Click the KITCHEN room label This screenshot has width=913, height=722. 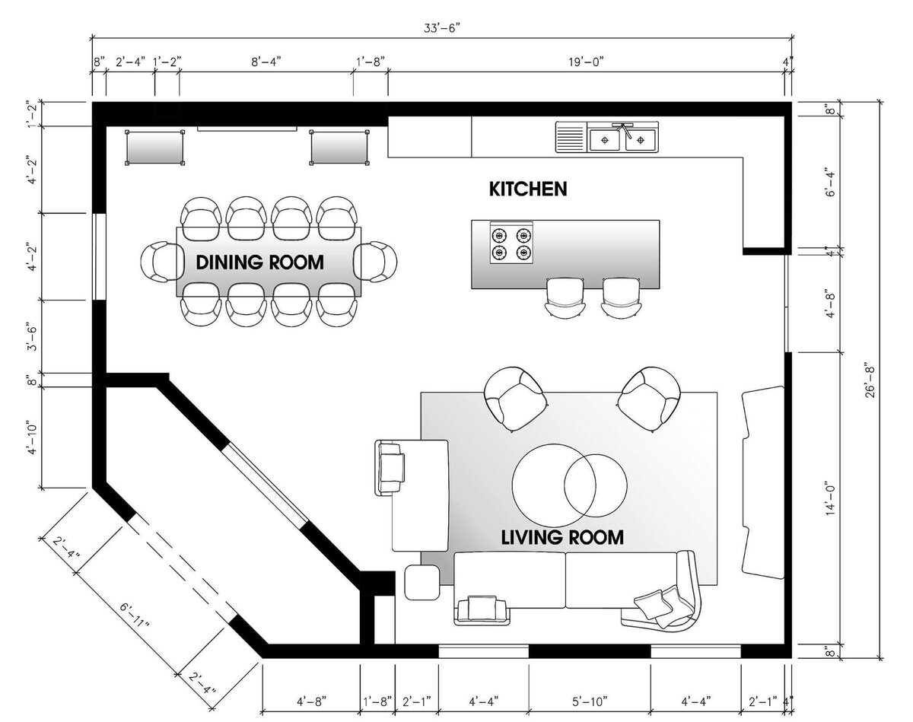(528, 189)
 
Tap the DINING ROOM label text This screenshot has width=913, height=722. (259, 262)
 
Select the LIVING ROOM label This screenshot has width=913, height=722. (562, 537)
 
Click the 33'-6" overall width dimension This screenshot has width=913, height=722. (441, 28)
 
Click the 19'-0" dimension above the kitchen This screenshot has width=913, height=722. (587, 62)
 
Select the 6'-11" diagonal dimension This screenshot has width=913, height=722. (135, 614)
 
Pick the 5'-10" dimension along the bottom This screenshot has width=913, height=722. (590, 701)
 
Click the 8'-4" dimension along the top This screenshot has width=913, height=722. (266, 62)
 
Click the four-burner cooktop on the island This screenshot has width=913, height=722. (511, 243)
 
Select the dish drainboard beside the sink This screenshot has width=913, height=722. (571, 137)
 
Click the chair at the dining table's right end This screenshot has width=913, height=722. (375, 261)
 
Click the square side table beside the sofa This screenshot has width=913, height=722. (422, 583)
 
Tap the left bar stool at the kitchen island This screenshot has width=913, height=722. (565, 297)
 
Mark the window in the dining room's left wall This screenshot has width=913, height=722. (99, 256)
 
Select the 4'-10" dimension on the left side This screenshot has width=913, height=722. (33, 437)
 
